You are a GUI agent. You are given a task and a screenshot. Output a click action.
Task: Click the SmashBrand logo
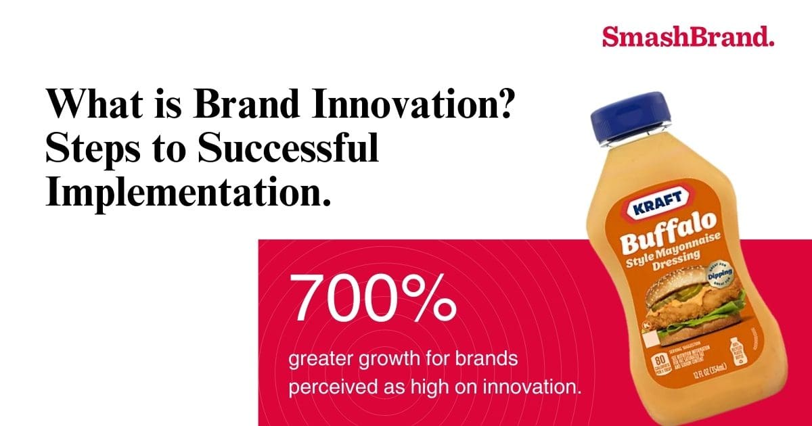point(687,37)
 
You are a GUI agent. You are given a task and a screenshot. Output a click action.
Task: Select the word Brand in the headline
point(242,106)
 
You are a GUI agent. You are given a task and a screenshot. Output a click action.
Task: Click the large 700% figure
point(372,298)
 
